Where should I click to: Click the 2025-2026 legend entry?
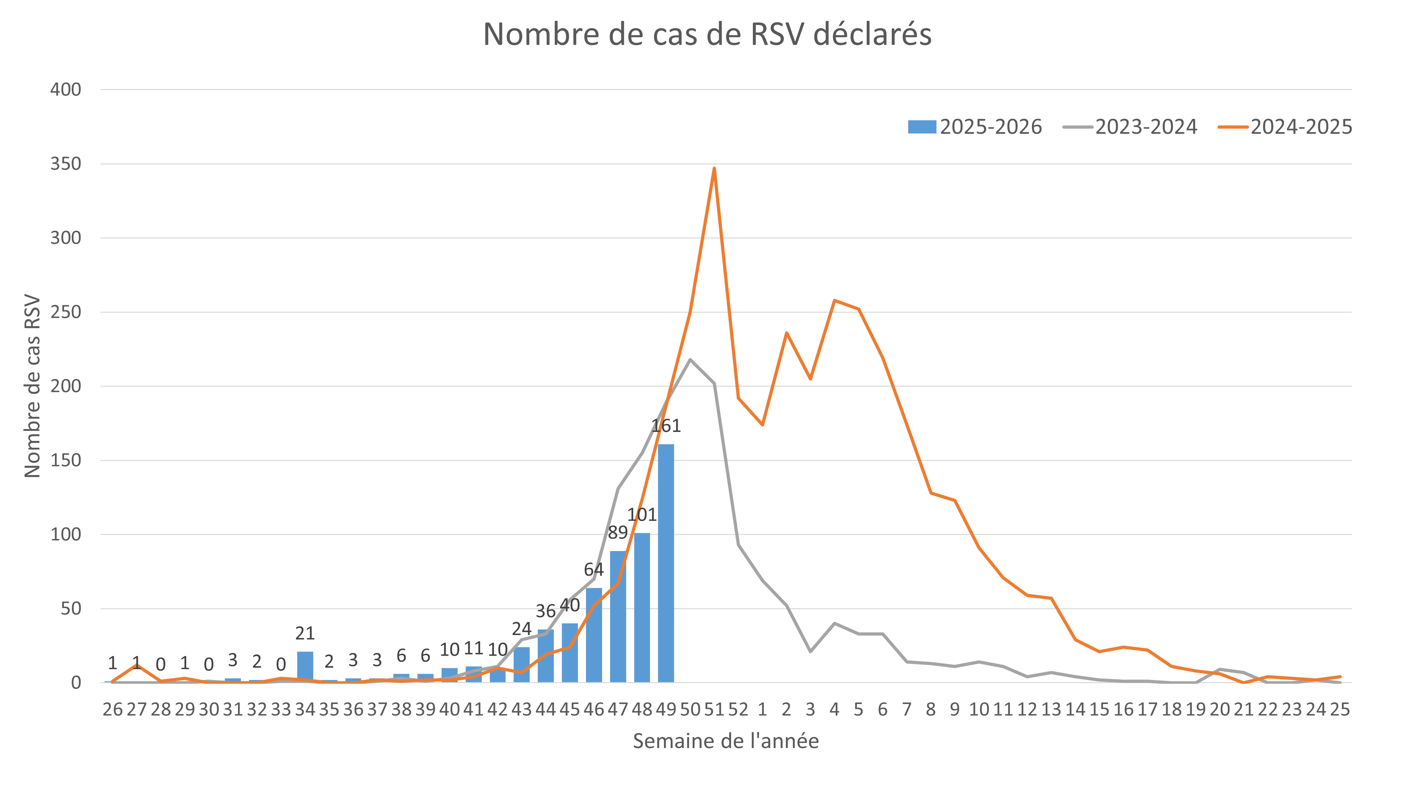(x=975, y=127)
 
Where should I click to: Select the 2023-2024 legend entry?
(x=1130, y=127)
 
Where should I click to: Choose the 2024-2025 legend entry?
(x=1285, y=127)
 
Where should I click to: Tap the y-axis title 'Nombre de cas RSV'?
(x=32, y=386)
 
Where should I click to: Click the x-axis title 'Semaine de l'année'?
(x=726, y=741)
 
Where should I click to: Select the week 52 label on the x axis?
(x=738, y=710)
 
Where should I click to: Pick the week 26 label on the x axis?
(x=113, y=710)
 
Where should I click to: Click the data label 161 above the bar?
(x=666, y=426)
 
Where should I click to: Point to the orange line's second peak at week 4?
(x=835, y=300)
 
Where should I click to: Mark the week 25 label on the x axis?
(x=1340, y=710)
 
